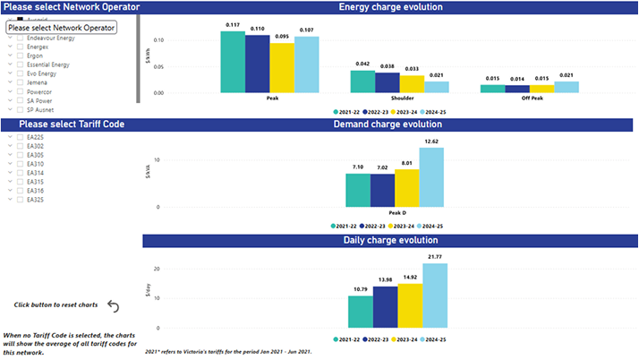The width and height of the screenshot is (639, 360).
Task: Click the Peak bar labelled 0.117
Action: tap(233, 62)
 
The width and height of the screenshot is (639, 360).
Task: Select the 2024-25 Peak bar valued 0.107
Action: tap(306, 65)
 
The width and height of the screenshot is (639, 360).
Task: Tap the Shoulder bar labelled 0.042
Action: tap(362, 81)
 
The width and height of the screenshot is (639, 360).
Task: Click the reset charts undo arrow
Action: tap(114, 306)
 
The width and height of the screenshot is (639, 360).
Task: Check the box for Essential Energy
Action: tap(21, 65)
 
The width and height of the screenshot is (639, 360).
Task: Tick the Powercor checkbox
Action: tap(21, 91)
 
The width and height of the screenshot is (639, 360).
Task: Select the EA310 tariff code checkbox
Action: tap(21, 164)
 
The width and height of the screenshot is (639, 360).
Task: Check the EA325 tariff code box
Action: tap(21, 200)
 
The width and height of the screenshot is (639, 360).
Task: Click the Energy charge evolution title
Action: tap(390, 7)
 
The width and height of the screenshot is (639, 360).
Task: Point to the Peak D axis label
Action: tap(395, 212)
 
